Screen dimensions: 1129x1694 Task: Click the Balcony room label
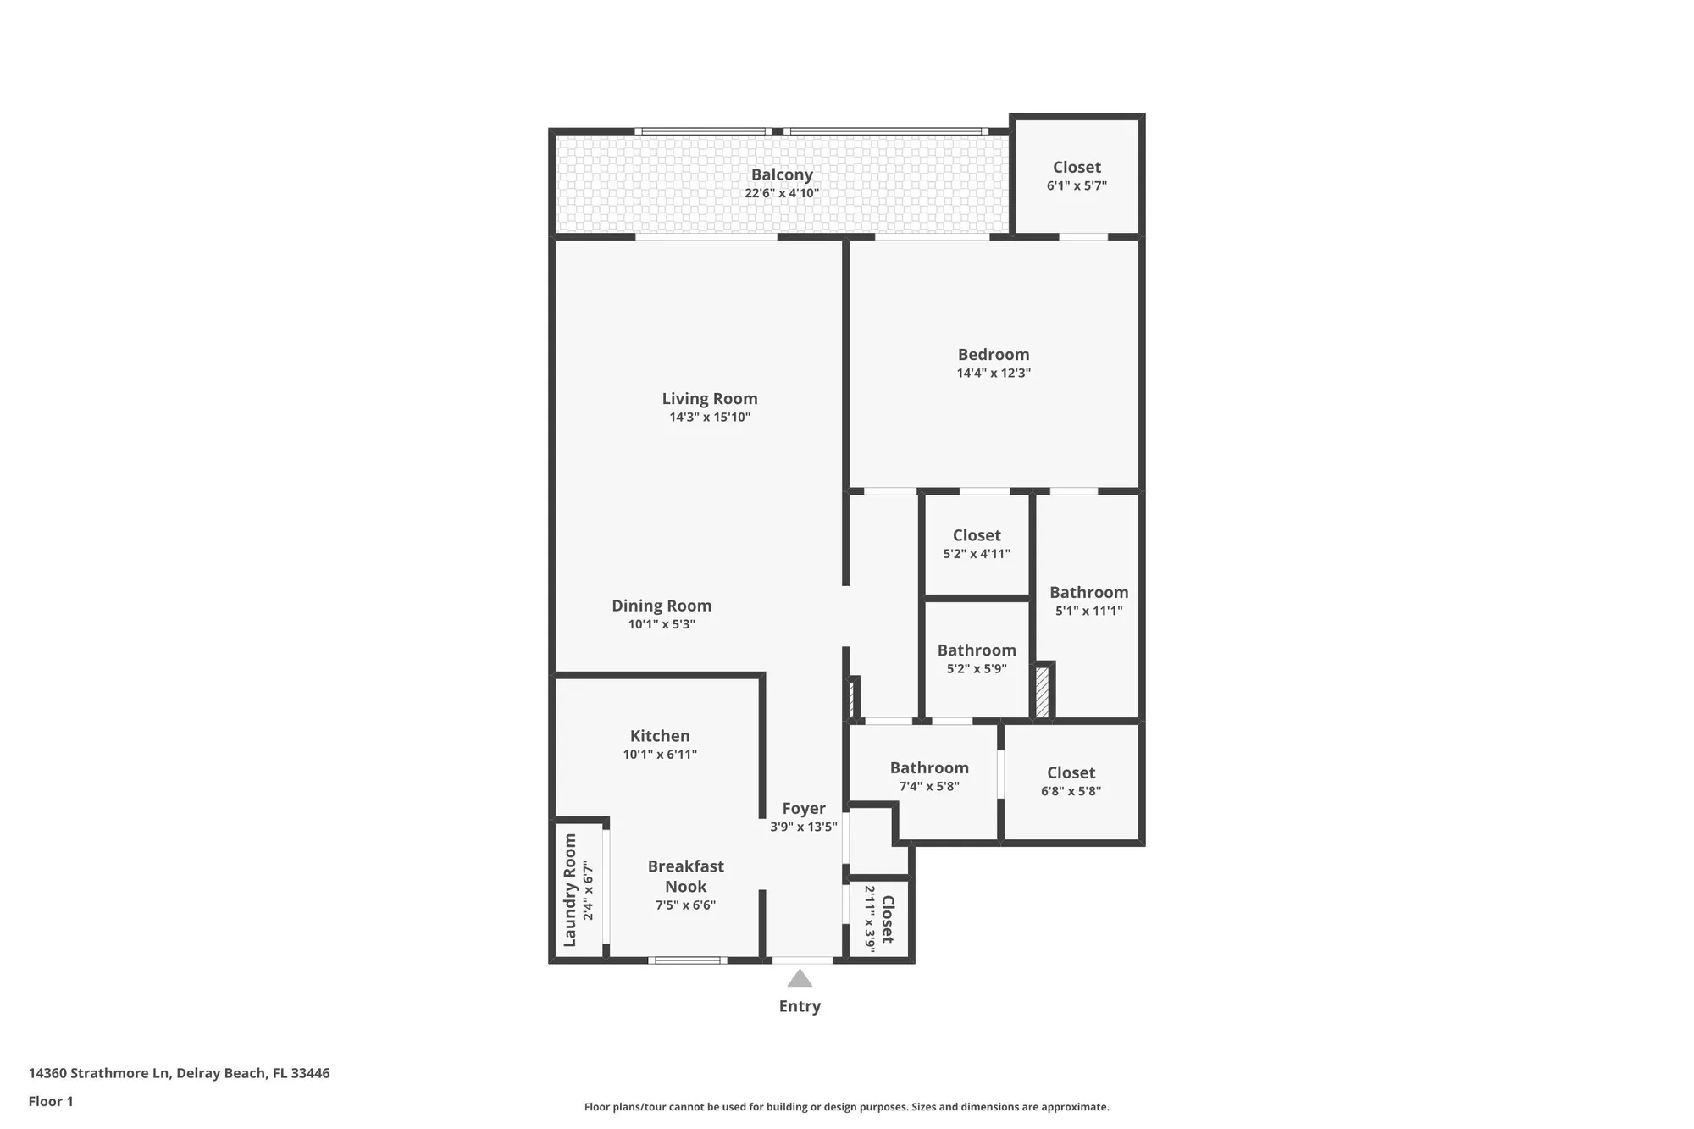coord(781,174)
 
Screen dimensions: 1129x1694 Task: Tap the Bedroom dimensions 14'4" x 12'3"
coord(993,374)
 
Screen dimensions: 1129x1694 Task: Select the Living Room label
coord(709,399)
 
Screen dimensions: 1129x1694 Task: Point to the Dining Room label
coord(661,606)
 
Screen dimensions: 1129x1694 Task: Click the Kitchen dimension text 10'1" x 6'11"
coord(659,755)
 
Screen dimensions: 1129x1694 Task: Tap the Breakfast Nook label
coord(684,876)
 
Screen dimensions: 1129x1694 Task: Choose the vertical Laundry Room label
coord(570,890)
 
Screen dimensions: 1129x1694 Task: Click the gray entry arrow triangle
coord(799,979)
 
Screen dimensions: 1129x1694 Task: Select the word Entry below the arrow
coord(799,1006)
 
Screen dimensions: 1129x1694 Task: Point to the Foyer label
coord(803,809)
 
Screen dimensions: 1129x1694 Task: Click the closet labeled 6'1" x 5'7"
coord(1076,175)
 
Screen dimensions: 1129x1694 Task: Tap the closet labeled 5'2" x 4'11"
coord(976,544)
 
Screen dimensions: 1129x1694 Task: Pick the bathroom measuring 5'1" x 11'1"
coord(1088,600)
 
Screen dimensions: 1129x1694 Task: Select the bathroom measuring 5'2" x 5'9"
coord(976,658)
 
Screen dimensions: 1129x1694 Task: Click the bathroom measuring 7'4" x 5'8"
coord(928,776)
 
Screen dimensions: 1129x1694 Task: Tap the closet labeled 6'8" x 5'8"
coord(1070,781)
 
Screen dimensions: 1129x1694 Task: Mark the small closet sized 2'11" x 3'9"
coord(879,919)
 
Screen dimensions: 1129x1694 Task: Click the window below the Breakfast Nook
coord(687,960)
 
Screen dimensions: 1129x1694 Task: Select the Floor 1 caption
coord(51,1101)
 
